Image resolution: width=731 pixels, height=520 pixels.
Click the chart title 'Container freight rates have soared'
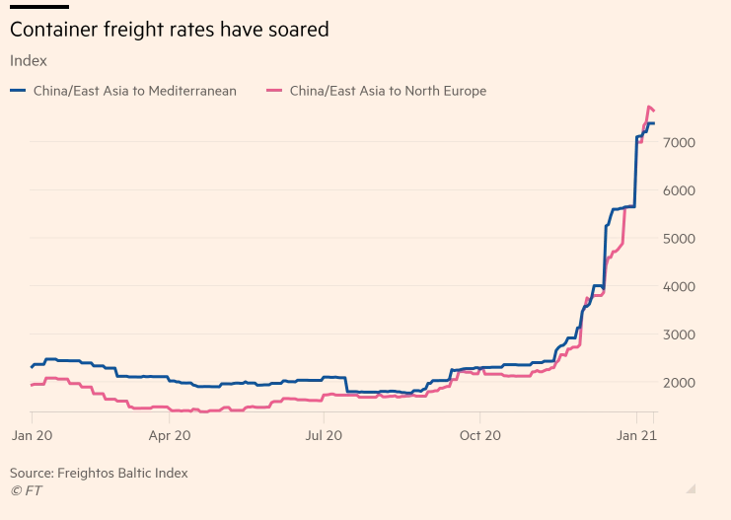point(169,31)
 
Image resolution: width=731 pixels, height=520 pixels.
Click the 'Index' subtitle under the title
point(28,60)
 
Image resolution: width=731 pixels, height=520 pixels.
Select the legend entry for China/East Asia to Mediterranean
point(133,91)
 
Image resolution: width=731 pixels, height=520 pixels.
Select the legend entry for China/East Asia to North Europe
point(388,91)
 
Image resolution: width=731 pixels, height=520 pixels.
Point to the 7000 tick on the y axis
point(682,143)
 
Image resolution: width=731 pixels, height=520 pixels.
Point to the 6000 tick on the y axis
point(682,190)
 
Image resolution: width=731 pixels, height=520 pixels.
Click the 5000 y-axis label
point(682,239)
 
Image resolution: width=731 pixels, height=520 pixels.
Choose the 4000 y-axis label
point(682,286)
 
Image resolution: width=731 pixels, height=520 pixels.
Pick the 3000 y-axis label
point(682,334)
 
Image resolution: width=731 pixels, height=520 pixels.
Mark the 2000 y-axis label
point(682,383)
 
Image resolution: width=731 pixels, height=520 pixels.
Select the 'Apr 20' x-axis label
point(170,433)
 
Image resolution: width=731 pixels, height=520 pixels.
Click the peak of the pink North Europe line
point(648,107)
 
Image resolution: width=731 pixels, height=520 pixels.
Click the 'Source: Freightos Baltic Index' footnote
point(99,474)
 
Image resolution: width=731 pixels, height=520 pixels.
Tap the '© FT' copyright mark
point(26,490)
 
